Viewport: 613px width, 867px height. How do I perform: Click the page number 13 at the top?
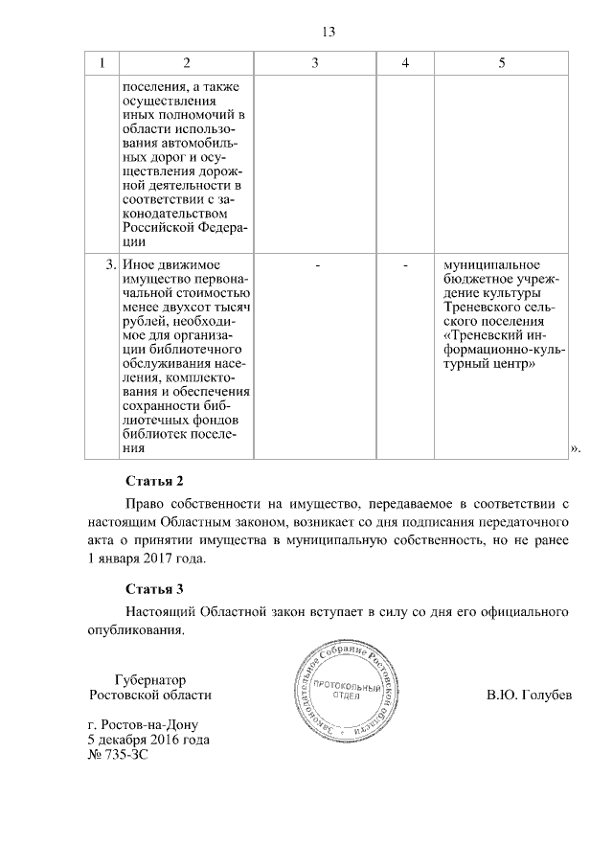[328, 32]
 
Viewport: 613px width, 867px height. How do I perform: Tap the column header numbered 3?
[315, 62]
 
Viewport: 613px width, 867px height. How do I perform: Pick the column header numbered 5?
[502, 62]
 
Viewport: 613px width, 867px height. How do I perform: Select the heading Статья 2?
[154, 479]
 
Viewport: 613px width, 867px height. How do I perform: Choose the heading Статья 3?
[154, 587]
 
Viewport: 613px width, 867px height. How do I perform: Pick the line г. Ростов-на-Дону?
[143, 725]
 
